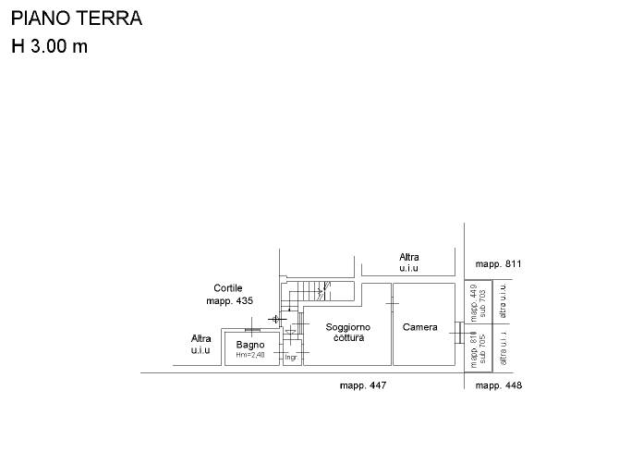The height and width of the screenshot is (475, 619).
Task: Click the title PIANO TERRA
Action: (77, 18)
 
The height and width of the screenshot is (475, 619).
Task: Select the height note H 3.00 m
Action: (50, 47)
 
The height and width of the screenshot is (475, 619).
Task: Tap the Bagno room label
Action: (250, 345)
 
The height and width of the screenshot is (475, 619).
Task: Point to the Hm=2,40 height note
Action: (250, 355)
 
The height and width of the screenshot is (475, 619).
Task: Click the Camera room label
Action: (420, 327)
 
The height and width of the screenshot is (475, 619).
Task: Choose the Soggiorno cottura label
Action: (348, 333)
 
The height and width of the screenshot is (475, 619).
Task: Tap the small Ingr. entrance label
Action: (291, 357)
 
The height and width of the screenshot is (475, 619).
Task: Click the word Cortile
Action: (228, 287)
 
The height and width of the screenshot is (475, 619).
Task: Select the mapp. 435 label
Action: (229, 300)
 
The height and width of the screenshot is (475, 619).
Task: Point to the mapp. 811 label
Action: (499, 264)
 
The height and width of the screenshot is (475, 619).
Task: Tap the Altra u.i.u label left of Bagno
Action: (200, 345)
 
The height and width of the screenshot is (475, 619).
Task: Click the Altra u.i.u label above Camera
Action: (409, 262)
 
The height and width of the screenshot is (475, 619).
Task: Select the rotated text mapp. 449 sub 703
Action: (478, 301)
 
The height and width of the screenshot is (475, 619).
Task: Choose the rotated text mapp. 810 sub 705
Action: (478, 351)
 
